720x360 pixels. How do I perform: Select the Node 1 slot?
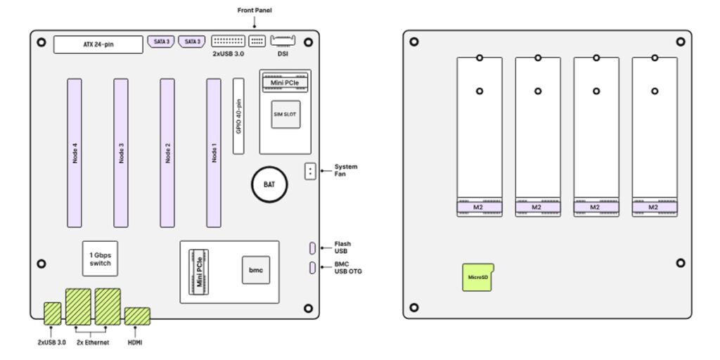point(214,153)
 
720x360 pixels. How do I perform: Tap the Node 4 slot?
point(75,153)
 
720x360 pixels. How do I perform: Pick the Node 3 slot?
point(121,153)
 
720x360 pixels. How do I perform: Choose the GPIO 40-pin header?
point(239,116)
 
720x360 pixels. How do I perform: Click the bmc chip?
point(255,270)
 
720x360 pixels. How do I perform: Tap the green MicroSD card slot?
point(478,277)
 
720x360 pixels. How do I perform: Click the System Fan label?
point(346,170)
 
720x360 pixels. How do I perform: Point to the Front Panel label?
point(255,11)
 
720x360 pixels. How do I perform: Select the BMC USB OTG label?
point(349,268)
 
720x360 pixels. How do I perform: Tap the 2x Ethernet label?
point(92,342)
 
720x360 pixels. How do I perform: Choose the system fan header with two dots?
point(310,171)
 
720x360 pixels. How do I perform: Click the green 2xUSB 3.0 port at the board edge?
point(53,313)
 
